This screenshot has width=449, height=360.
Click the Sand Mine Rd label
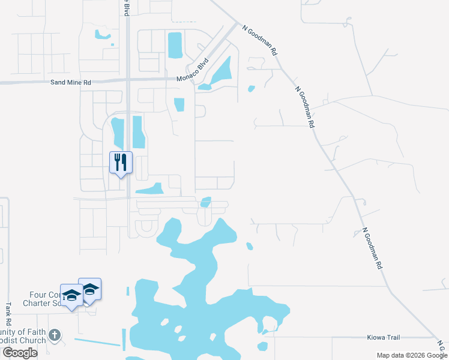tap(71, 82)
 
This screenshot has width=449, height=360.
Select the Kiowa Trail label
tap(384, 338)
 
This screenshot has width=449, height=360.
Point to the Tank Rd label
tap(8, 310)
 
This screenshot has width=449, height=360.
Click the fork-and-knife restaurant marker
tap(121, 162)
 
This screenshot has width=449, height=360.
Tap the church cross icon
tap(55, 335)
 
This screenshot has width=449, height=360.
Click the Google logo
tap(20, 353)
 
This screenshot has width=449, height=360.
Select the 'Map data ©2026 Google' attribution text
tap(411, 355)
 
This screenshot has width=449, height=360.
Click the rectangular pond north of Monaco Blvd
tap(175, 45)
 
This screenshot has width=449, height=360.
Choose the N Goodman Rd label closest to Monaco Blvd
tap(260, 40)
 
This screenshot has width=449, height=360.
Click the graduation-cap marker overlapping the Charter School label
tap(71, 295)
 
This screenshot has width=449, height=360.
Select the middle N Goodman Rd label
tap(305, 107)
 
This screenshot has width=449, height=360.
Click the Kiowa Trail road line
tap(336, 337)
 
